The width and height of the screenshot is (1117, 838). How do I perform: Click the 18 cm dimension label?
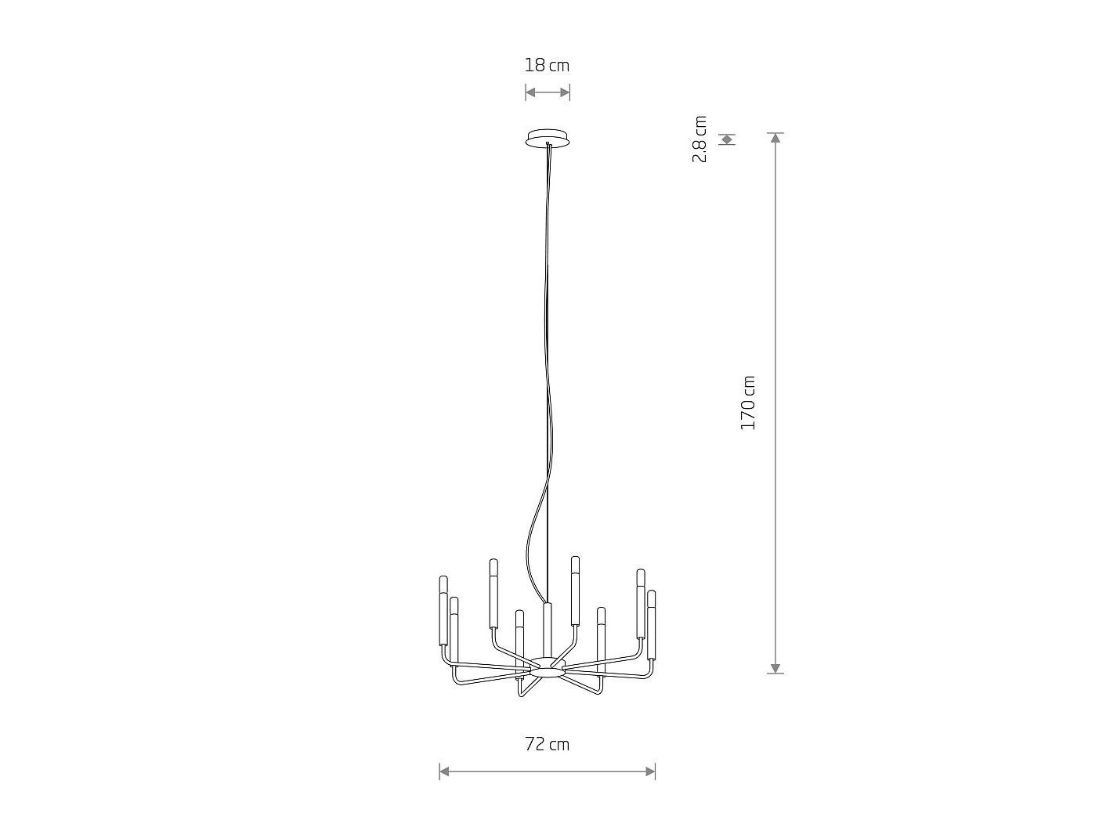[x=547, y=65]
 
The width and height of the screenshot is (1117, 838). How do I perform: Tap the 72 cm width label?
[x=547, y=744]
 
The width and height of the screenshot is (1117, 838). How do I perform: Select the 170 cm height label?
[x=747, y=403]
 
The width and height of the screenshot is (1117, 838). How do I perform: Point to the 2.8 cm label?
[x=699, y=139]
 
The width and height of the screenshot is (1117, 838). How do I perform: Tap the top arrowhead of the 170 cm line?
[x=775, y=137]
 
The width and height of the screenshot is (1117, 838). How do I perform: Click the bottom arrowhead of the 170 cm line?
[x=775, y=669]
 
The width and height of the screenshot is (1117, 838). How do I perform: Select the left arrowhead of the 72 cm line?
[x=444, y=772]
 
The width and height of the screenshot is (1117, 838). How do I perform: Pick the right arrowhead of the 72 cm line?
[x=650, y=772]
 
